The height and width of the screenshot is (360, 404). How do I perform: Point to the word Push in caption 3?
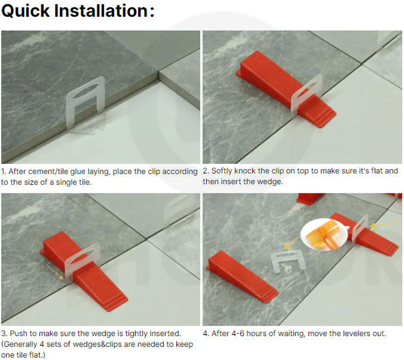[x=18, y=334]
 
